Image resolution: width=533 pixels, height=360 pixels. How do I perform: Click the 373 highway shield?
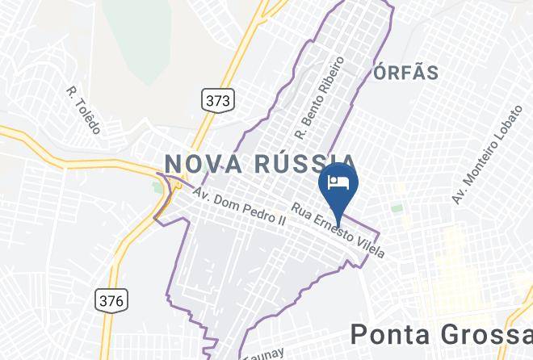(x=216, y=100)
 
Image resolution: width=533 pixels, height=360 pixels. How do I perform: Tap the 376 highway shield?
(x=111, y=300)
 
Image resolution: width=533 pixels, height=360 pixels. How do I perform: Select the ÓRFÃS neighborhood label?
(x=406, y=73)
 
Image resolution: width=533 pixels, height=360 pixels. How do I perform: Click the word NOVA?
(x=203, y=163)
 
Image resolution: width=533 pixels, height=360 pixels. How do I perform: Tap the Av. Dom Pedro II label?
(x=240, y=207)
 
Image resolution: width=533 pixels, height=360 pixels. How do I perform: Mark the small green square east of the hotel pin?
(x=397, y=207)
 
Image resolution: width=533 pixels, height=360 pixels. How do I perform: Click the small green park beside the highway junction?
(x=157, y=188)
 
